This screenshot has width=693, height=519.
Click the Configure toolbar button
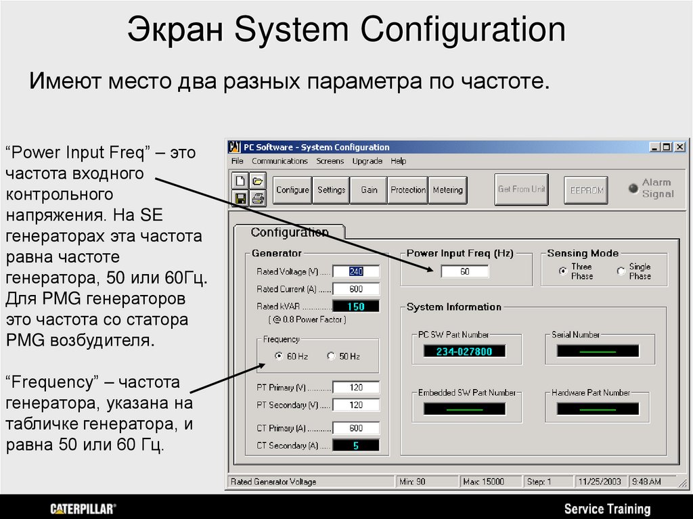[292, 190]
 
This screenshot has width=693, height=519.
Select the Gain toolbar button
[369, 190]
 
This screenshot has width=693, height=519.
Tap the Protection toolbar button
[408, 190]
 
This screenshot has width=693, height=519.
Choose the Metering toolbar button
[447, 190]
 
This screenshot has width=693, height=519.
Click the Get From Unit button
[521, 189]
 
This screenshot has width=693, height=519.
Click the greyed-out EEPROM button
[586, 190]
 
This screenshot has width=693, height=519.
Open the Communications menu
[280, 161]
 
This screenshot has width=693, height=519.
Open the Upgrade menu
[367, 161]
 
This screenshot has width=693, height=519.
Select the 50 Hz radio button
[331, 356]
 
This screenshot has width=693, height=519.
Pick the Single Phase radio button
[621, 271]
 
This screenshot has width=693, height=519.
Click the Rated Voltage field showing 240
[356, 271]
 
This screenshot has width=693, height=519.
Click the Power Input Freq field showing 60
[464, 271]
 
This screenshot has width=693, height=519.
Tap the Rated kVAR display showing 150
[356, 307]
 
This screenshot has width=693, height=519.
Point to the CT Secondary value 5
[356, 445]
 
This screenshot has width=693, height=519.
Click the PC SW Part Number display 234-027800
[464, 351]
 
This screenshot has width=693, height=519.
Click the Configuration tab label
[290, 232]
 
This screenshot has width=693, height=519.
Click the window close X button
[679, 147]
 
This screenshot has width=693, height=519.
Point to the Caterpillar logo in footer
[83, 508]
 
